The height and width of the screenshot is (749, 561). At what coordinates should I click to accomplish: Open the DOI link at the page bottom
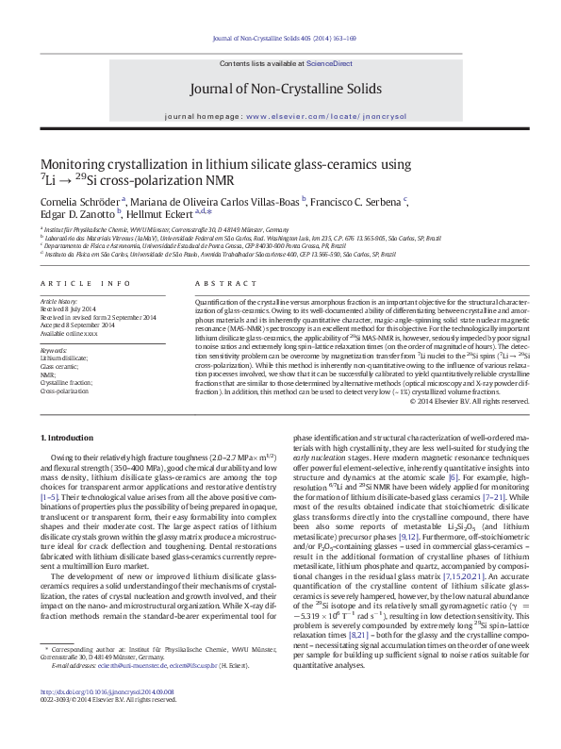pos(102,720)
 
